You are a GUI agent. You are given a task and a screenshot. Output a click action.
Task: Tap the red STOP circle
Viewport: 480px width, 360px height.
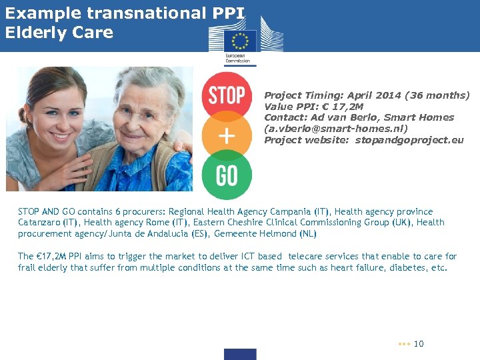click(x=227, y=95)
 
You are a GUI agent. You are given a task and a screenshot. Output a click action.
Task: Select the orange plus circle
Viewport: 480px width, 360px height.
click(x=227, y=136)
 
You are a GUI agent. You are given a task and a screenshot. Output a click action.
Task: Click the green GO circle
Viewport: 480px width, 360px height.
click(x=227, y=175)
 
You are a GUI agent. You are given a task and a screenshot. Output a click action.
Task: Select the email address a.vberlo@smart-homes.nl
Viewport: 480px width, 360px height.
click(x=336, y=129)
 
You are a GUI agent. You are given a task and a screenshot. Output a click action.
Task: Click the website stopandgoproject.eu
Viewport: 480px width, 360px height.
click(x=409, y=140)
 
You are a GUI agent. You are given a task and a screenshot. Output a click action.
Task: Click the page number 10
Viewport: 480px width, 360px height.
click(x=419, y=344)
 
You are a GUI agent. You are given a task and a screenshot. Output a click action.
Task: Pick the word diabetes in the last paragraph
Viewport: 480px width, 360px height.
click(x=405, y=268)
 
